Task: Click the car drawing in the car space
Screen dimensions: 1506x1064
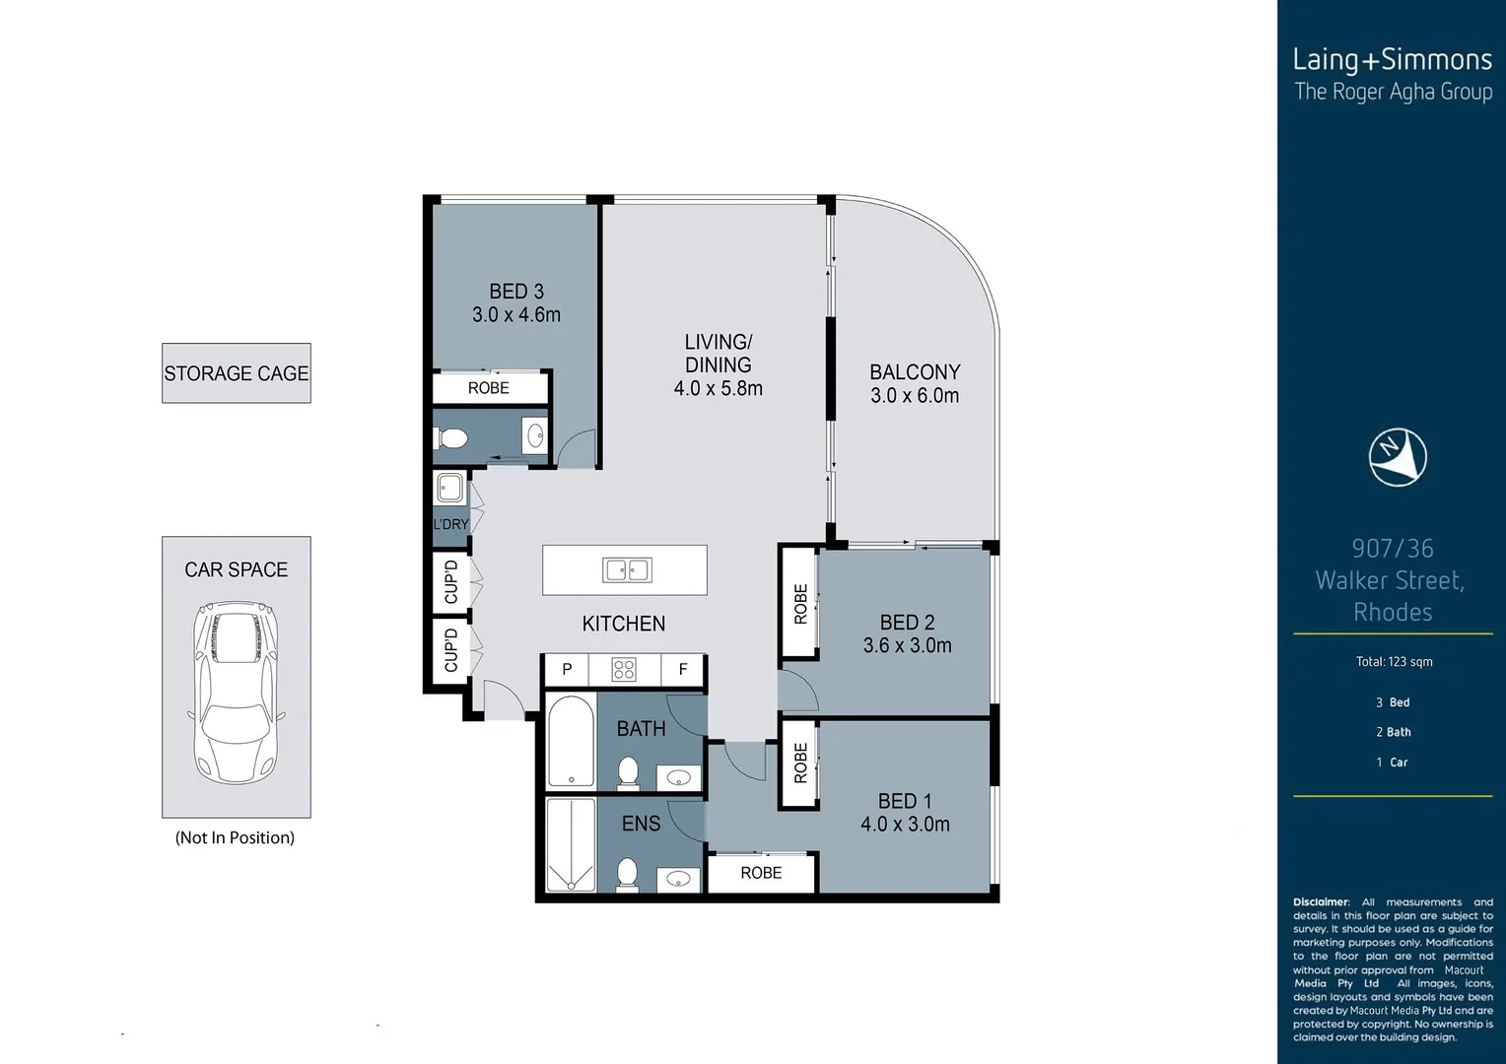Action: point(236,693)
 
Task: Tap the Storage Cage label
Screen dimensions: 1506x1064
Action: point(236,373)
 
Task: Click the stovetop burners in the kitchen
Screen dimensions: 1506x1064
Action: point(625,670)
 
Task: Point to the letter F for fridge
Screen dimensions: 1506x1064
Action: point(683,670)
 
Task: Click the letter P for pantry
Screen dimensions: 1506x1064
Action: point(567,670)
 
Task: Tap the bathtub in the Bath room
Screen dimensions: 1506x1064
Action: point(571,740)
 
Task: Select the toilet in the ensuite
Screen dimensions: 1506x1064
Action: point(628,874)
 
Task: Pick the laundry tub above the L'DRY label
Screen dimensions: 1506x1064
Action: point(449,488)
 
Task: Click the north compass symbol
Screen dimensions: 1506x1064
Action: point(1398,457)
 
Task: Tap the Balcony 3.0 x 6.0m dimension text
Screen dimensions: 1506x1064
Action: point(915,396)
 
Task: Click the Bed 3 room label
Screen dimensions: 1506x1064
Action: point(516,291)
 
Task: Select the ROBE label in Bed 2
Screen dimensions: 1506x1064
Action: point(800,604)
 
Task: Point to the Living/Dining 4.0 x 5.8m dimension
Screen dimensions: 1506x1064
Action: point(719,388)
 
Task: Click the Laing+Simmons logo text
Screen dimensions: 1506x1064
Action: point(1393,60)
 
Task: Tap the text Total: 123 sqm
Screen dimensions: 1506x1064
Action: point(1395,662)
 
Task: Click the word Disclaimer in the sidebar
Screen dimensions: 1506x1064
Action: point(1321,902)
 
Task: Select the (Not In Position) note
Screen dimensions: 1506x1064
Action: point(235,837)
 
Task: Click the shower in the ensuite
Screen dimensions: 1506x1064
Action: point(571,844)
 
